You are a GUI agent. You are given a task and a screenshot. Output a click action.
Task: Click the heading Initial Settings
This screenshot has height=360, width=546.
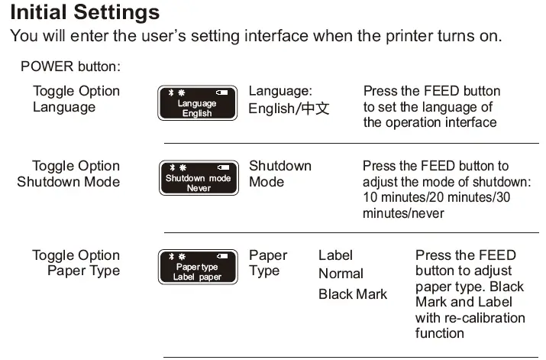85,13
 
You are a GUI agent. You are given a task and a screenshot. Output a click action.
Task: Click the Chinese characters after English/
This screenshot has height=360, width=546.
315,109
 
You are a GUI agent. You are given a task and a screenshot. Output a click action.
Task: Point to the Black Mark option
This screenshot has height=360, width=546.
353,294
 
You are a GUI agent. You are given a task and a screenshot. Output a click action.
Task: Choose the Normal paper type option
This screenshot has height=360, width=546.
341,274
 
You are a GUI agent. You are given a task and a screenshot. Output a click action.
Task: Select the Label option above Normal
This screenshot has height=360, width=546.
335,255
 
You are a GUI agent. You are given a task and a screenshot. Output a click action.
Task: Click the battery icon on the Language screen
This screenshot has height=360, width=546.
221,92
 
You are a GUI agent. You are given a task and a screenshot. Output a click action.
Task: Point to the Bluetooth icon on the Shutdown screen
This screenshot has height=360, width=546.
172,167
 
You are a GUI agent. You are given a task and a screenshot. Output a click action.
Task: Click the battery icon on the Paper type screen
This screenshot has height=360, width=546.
221,257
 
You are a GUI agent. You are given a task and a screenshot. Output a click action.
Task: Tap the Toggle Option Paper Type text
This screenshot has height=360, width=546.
76,264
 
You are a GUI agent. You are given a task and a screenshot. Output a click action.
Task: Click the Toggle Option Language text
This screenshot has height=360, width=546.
76,99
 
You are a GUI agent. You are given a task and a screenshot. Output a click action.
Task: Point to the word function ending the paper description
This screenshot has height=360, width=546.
440,333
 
